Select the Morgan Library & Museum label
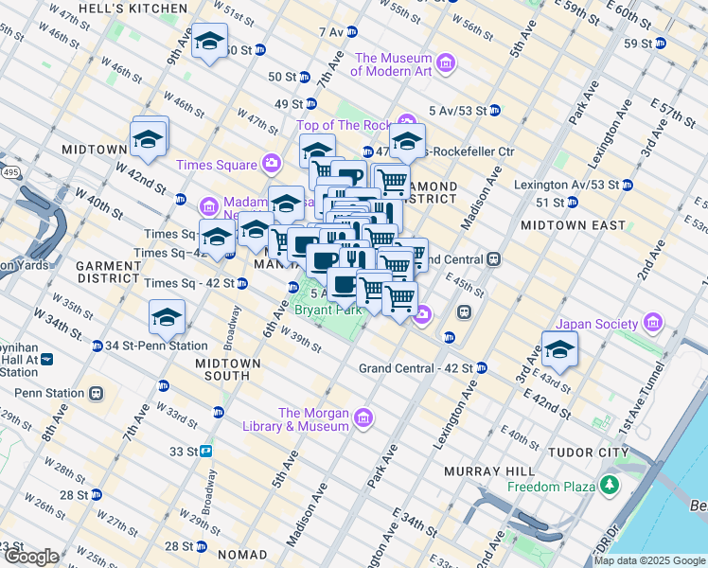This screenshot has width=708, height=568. coord(314,419)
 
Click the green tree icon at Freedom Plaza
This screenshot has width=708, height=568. coord(611,486)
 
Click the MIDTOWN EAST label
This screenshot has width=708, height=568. coord(572,225)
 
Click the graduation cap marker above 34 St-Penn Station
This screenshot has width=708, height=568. coord(167,317)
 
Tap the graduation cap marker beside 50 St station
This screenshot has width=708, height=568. coord(208,42)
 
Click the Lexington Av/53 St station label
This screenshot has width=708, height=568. coord(567,184)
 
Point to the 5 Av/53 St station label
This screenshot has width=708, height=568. coord(457,111)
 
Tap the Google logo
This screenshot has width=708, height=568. coord(31,558)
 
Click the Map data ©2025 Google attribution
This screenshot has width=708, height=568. coord(649,560)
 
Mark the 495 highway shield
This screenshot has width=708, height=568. coord(9,173)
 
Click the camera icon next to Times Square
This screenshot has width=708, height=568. coord(273,165)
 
